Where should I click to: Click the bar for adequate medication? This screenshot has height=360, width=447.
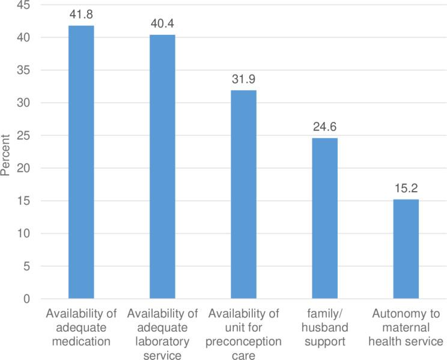(81, 162)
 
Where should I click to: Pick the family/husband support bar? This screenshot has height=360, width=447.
(324, 218)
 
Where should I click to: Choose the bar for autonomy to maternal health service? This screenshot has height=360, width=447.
(406, 249)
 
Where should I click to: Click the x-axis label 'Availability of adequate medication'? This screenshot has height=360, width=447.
(81, 328)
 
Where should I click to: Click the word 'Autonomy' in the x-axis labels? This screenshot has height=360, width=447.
(406, 314)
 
